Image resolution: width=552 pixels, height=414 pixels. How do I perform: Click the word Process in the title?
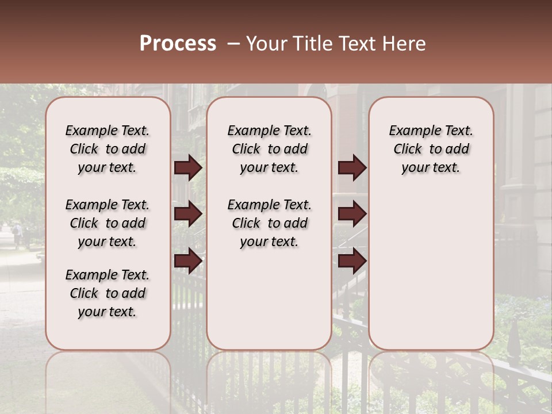(x=178, y=44)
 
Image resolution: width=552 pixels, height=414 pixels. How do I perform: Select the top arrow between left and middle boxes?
(x=188, y=168)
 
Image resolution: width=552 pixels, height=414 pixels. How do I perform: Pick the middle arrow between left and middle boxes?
(x=188, y=214)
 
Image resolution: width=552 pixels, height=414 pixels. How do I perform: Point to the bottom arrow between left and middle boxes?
(x=188, y=260)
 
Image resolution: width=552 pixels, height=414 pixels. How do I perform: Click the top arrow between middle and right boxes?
(x=352, y=168)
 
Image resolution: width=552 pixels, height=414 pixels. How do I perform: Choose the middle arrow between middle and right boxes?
(x=352, y=214)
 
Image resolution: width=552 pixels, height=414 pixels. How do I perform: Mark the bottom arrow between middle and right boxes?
(x=352, y=260)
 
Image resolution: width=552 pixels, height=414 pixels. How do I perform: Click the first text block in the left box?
(x=108, y=149)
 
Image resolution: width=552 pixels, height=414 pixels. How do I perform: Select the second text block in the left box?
(x=108, y=223)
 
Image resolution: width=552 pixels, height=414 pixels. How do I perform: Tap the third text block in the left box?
(x=108, y=293)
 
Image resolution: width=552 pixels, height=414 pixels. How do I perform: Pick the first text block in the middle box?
(x=269, y=149)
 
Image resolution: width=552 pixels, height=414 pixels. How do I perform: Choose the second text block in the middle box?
(x=269, y=223)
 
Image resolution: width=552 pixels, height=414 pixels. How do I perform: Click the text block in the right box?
(x=431, y=149)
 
